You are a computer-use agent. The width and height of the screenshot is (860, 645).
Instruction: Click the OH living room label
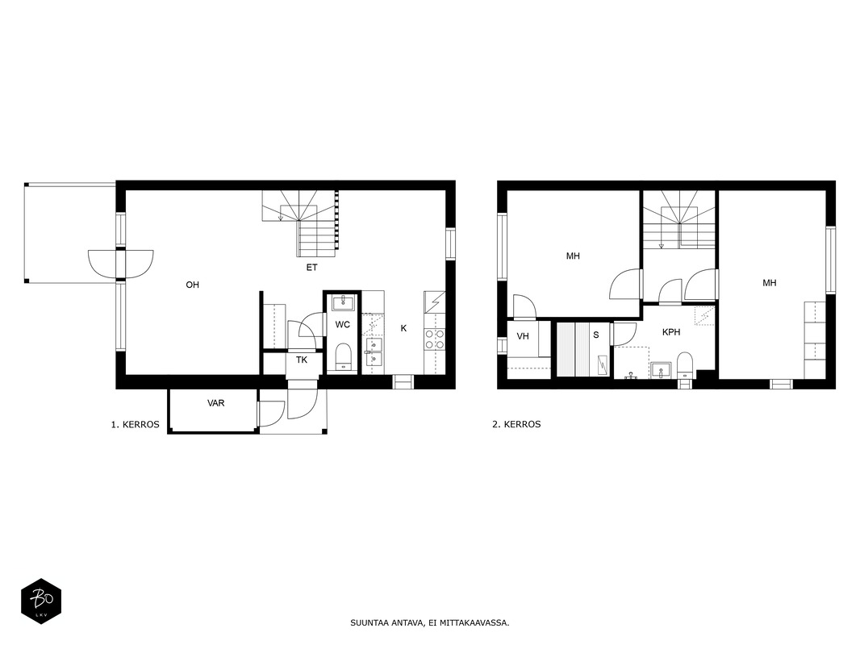pyautogui.click(x=193, y=285)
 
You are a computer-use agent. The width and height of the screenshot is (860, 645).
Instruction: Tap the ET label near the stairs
pyautogui.click(x=311, y=268)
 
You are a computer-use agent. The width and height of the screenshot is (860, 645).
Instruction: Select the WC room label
pyautogui.click(x=343, y=325)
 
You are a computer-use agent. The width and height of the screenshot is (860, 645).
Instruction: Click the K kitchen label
pyautogui.click(x=403, y=328)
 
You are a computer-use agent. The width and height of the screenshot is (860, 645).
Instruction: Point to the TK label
pyautogui.click(x=302, y=360)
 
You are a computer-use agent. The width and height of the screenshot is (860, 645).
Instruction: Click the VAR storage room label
pyautogui.click(x=215, y=403)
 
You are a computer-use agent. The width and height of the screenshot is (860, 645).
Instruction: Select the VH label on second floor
pyautogui.click(x=523, y=336)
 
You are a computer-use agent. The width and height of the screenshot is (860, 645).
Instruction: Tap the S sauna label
pyautogui.click(x=596, y=335)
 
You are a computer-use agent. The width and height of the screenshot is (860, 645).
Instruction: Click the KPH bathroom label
pyautogui.click(x=671, y=332)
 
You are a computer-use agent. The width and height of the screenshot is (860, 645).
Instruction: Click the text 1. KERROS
pyautogui.click(x=136, y=425)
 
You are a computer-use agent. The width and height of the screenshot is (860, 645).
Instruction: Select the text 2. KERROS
pyautogui.click(x=516, y=424)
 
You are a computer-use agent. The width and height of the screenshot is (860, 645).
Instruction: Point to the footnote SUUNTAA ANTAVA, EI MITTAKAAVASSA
pyautogui.click(x=430, y=623)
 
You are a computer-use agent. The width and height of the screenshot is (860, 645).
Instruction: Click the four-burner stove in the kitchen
pyautogui.click(x=434, y=339)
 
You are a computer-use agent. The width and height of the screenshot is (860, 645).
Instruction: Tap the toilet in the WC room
pyautogui.click(x=343, y=356)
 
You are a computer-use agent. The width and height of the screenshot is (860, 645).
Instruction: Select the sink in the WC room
pyautogui.click(x=344, y=302)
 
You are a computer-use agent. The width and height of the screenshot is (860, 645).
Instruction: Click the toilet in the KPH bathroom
pyautogui.click(x=685, y=365)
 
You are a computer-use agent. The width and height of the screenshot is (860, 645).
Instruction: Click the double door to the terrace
pyautogui.click(x=121, y=264)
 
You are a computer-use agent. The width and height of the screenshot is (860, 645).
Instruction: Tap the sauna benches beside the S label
pyautogui.click(x=574, y=349)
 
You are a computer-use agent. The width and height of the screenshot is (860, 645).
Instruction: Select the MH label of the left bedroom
pyautogui.click(x=573, y=256)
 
